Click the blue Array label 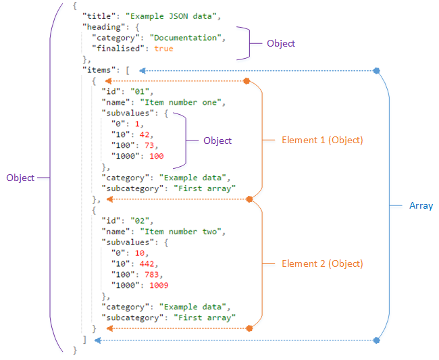(x=421, y=205)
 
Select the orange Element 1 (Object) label (x=322, y=140)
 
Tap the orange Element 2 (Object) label (x=322, y=263)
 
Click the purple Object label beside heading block (x=281, y=43)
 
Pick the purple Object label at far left (x=20, y=178)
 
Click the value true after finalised (x=163, y=49)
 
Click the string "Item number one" (x=183, y=103)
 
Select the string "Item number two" (x=183, y=231)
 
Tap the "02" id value (x=143, y=220)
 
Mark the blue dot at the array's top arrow (x=377, y=70)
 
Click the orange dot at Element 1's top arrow (x=247, y=81)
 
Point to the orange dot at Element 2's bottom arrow (x=249, y=328)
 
